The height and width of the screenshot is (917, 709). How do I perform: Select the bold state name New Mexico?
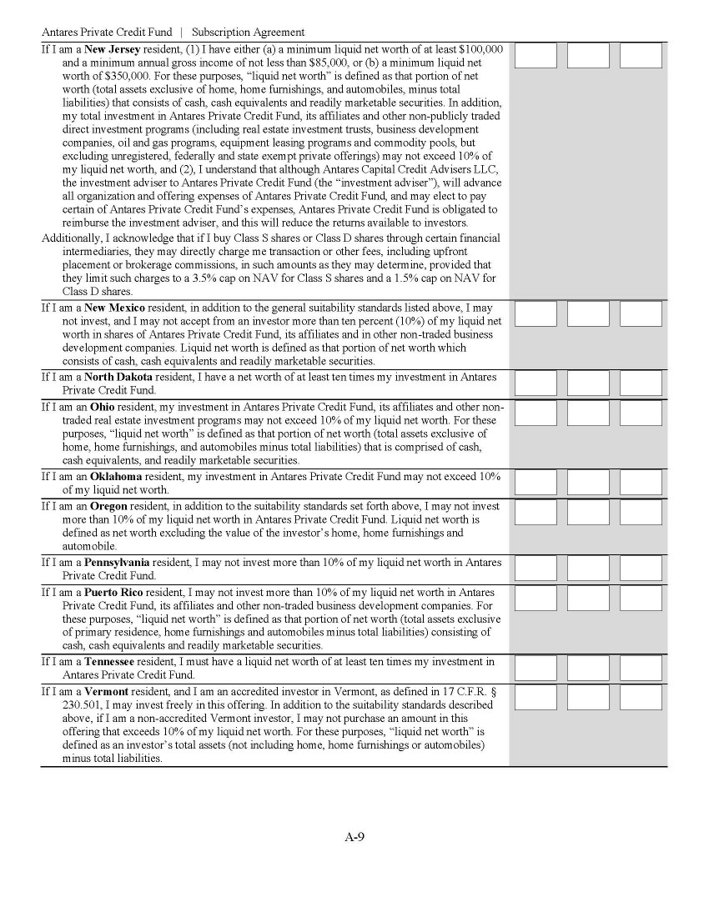115,308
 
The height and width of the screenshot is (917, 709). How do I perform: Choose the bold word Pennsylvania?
123,562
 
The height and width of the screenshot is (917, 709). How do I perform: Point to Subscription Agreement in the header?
248,33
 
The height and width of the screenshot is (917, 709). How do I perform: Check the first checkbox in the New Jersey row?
536,56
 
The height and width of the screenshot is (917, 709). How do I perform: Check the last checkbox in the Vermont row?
641,698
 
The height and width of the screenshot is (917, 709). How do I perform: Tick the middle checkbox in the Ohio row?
588,413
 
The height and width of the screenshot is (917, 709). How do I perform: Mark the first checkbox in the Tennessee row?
536,668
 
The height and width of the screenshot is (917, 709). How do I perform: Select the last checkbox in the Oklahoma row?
641,483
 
